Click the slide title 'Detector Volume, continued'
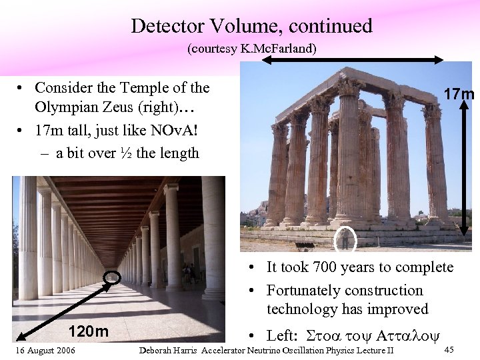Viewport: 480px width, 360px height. [x=251, y=26]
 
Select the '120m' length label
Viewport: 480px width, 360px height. [x=89, y=331]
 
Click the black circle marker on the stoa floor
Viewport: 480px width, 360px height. [x=111, y=277]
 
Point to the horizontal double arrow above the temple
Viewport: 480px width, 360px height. [x=352, y=59]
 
